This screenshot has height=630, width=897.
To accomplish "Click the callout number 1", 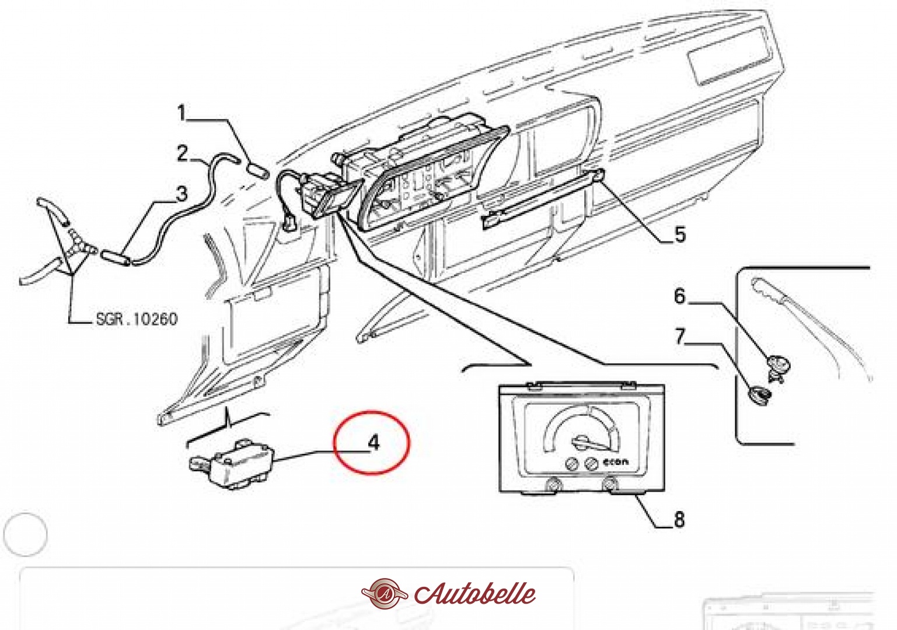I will [182, 113].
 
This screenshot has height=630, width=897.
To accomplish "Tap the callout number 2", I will [183, 153].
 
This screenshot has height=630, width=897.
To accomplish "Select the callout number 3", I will [182, 193].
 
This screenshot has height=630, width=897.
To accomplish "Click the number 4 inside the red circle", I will [374, 443].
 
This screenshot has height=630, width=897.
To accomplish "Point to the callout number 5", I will [680, 235].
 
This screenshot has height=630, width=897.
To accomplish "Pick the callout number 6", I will [679, 296].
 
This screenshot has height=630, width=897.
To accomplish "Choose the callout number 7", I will [679, 337].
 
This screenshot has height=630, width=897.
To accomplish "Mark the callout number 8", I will [679, 519].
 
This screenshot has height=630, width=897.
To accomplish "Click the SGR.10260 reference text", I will [137, 319].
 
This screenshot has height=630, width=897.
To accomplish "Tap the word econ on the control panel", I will [616, 462].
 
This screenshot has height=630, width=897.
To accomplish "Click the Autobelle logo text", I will [475, 594].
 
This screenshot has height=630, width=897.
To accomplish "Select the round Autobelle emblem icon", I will [384, 594].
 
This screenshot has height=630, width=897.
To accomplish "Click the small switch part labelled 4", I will [233, 464].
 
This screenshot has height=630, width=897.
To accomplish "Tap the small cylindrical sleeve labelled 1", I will [257, 170].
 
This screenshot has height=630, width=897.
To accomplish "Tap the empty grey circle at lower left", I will [25, 534].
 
